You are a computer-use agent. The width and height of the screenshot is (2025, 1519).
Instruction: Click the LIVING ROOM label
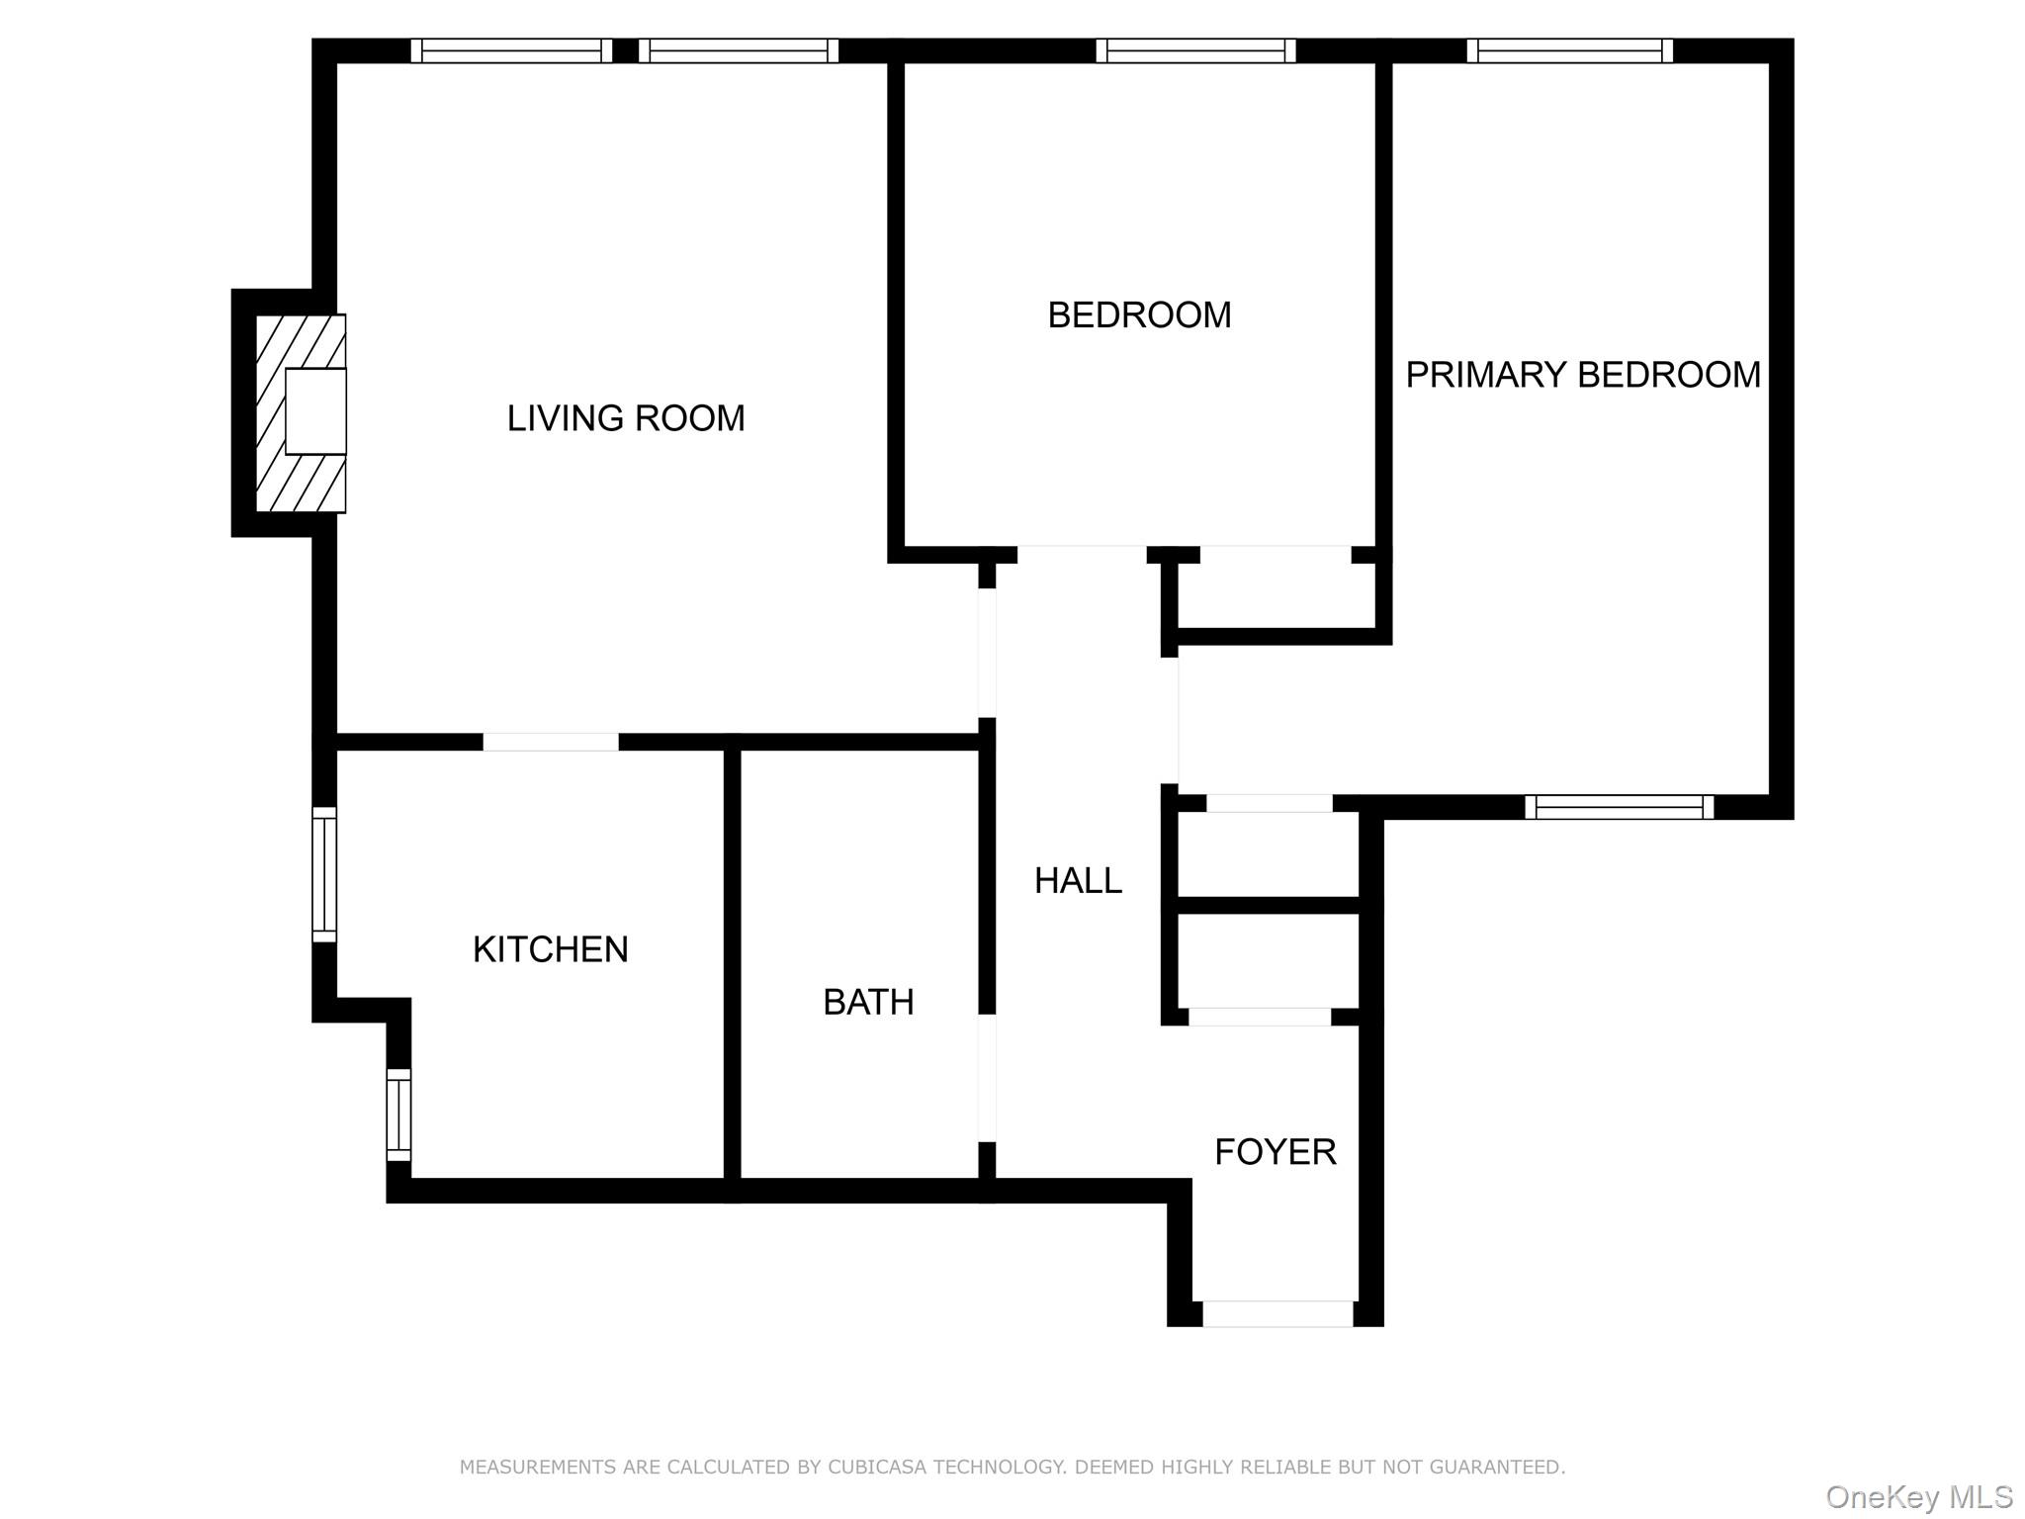click(x=625, y=418)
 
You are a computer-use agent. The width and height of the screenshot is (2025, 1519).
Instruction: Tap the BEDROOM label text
click(x=1139, y=315)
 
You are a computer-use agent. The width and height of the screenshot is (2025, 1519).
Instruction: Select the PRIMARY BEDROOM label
click(x=1582, y=375)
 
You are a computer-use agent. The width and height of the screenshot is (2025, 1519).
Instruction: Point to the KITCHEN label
click(x=550, y=949)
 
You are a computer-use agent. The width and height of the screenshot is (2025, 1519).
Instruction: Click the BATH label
click(x=868, y=1002)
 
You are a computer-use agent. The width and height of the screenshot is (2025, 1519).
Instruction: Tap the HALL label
click(x=1078, y=880)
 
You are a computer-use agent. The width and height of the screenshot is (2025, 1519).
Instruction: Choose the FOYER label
click(x=1275, y=1151)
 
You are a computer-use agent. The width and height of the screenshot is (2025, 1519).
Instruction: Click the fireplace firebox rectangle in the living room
click(x=315, y=411)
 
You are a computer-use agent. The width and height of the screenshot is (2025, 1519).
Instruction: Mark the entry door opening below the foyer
click(x=1277, y=1313)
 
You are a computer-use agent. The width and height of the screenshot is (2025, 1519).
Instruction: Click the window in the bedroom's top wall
click(x=1194, y=50)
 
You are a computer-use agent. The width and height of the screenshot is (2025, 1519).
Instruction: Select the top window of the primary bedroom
click(x=1569, y=50)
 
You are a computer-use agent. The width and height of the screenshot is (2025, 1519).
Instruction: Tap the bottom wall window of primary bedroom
click(x=1619, y=807)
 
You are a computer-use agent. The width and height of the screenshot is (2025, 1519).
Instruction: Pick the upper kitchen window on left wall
click(x=324, y=874)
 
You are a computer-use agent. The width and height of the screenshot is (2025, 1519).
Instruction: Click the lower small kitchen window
click(x=398, y=1115)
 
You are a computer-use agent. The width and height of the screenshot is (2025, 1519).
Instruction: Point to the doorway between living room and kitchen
click(x=551, y=742)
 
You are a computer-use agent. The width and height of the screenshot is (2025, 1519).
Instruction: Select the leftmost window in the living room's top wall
click(x=511, y=50)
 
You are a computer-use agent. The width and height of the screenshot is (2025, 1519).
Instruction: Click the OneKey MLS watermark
click(x=1918, y=1496)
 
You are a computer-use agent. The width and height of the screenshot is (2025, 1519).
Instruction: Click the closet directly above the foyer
click(x=1268, y=959)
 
